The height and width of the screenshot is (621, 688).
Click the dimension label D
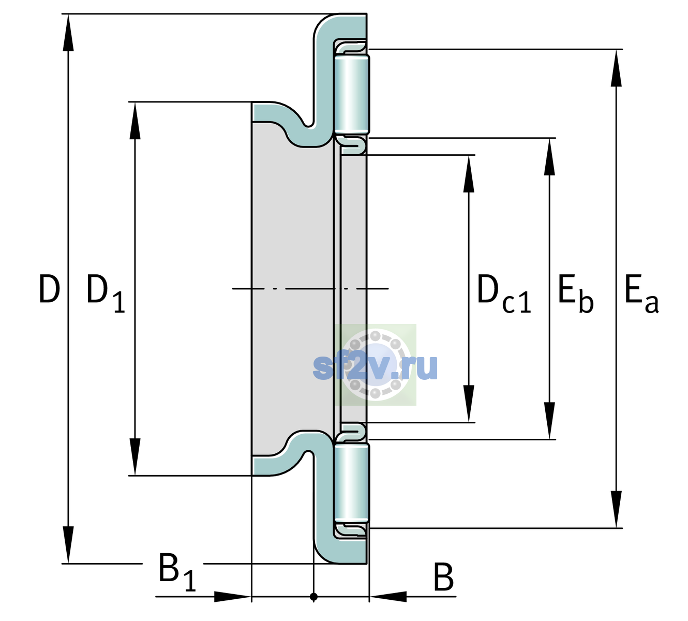(50, 289)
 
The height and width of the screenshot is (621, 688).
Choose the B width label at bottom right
(443, 576)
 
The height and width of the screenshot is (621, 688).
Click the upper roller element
(352, 94)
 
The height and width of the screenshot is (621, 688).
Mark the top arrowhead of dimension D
(68, 33)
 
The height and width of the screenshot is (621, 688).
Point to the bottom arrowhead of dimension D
(68, 545)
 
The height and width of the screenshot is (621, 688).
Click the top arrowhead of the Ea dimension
(616, 68)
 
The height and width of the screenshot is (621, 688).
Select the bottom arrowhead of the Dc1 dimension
(469, 404)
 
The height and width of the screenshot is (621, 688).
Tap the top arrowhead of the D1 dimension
(135, 121)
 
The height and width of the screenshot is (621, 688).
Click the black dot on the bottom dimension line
(313, 597)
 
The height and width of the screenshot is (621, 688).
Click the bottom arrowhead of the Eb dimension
(549, 421)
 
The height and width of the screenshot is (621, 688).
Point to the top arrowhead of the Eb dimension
(549, 157)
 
